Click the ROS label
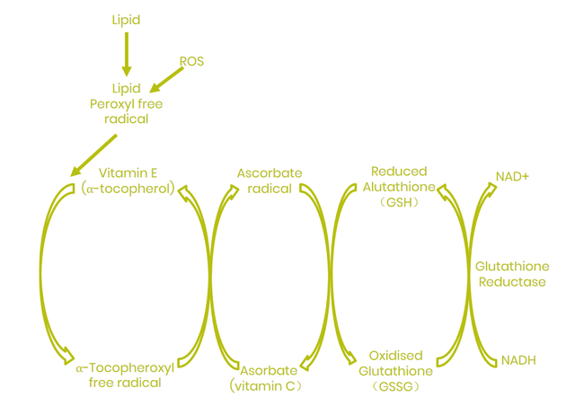(191, 62)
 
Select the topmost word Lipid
(126, 20)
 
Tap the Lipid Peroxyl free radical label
(126, 104)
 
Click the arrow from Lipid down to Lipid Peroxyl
(126, 54)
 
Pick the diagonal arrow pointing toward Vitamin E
(94, 154)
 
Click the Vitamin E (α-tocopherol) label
(128, 181)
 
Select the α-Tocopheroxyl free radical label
(125, 375)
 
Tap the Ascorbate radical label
(270, 181)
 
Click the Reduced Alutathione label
(399, 179)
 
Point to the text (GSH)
(399, 203)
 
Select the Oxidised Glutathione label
(395, 363)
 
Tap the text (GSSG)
(395, 387)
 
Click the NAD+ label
(512, 177)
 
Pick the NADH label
(518, 360)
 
